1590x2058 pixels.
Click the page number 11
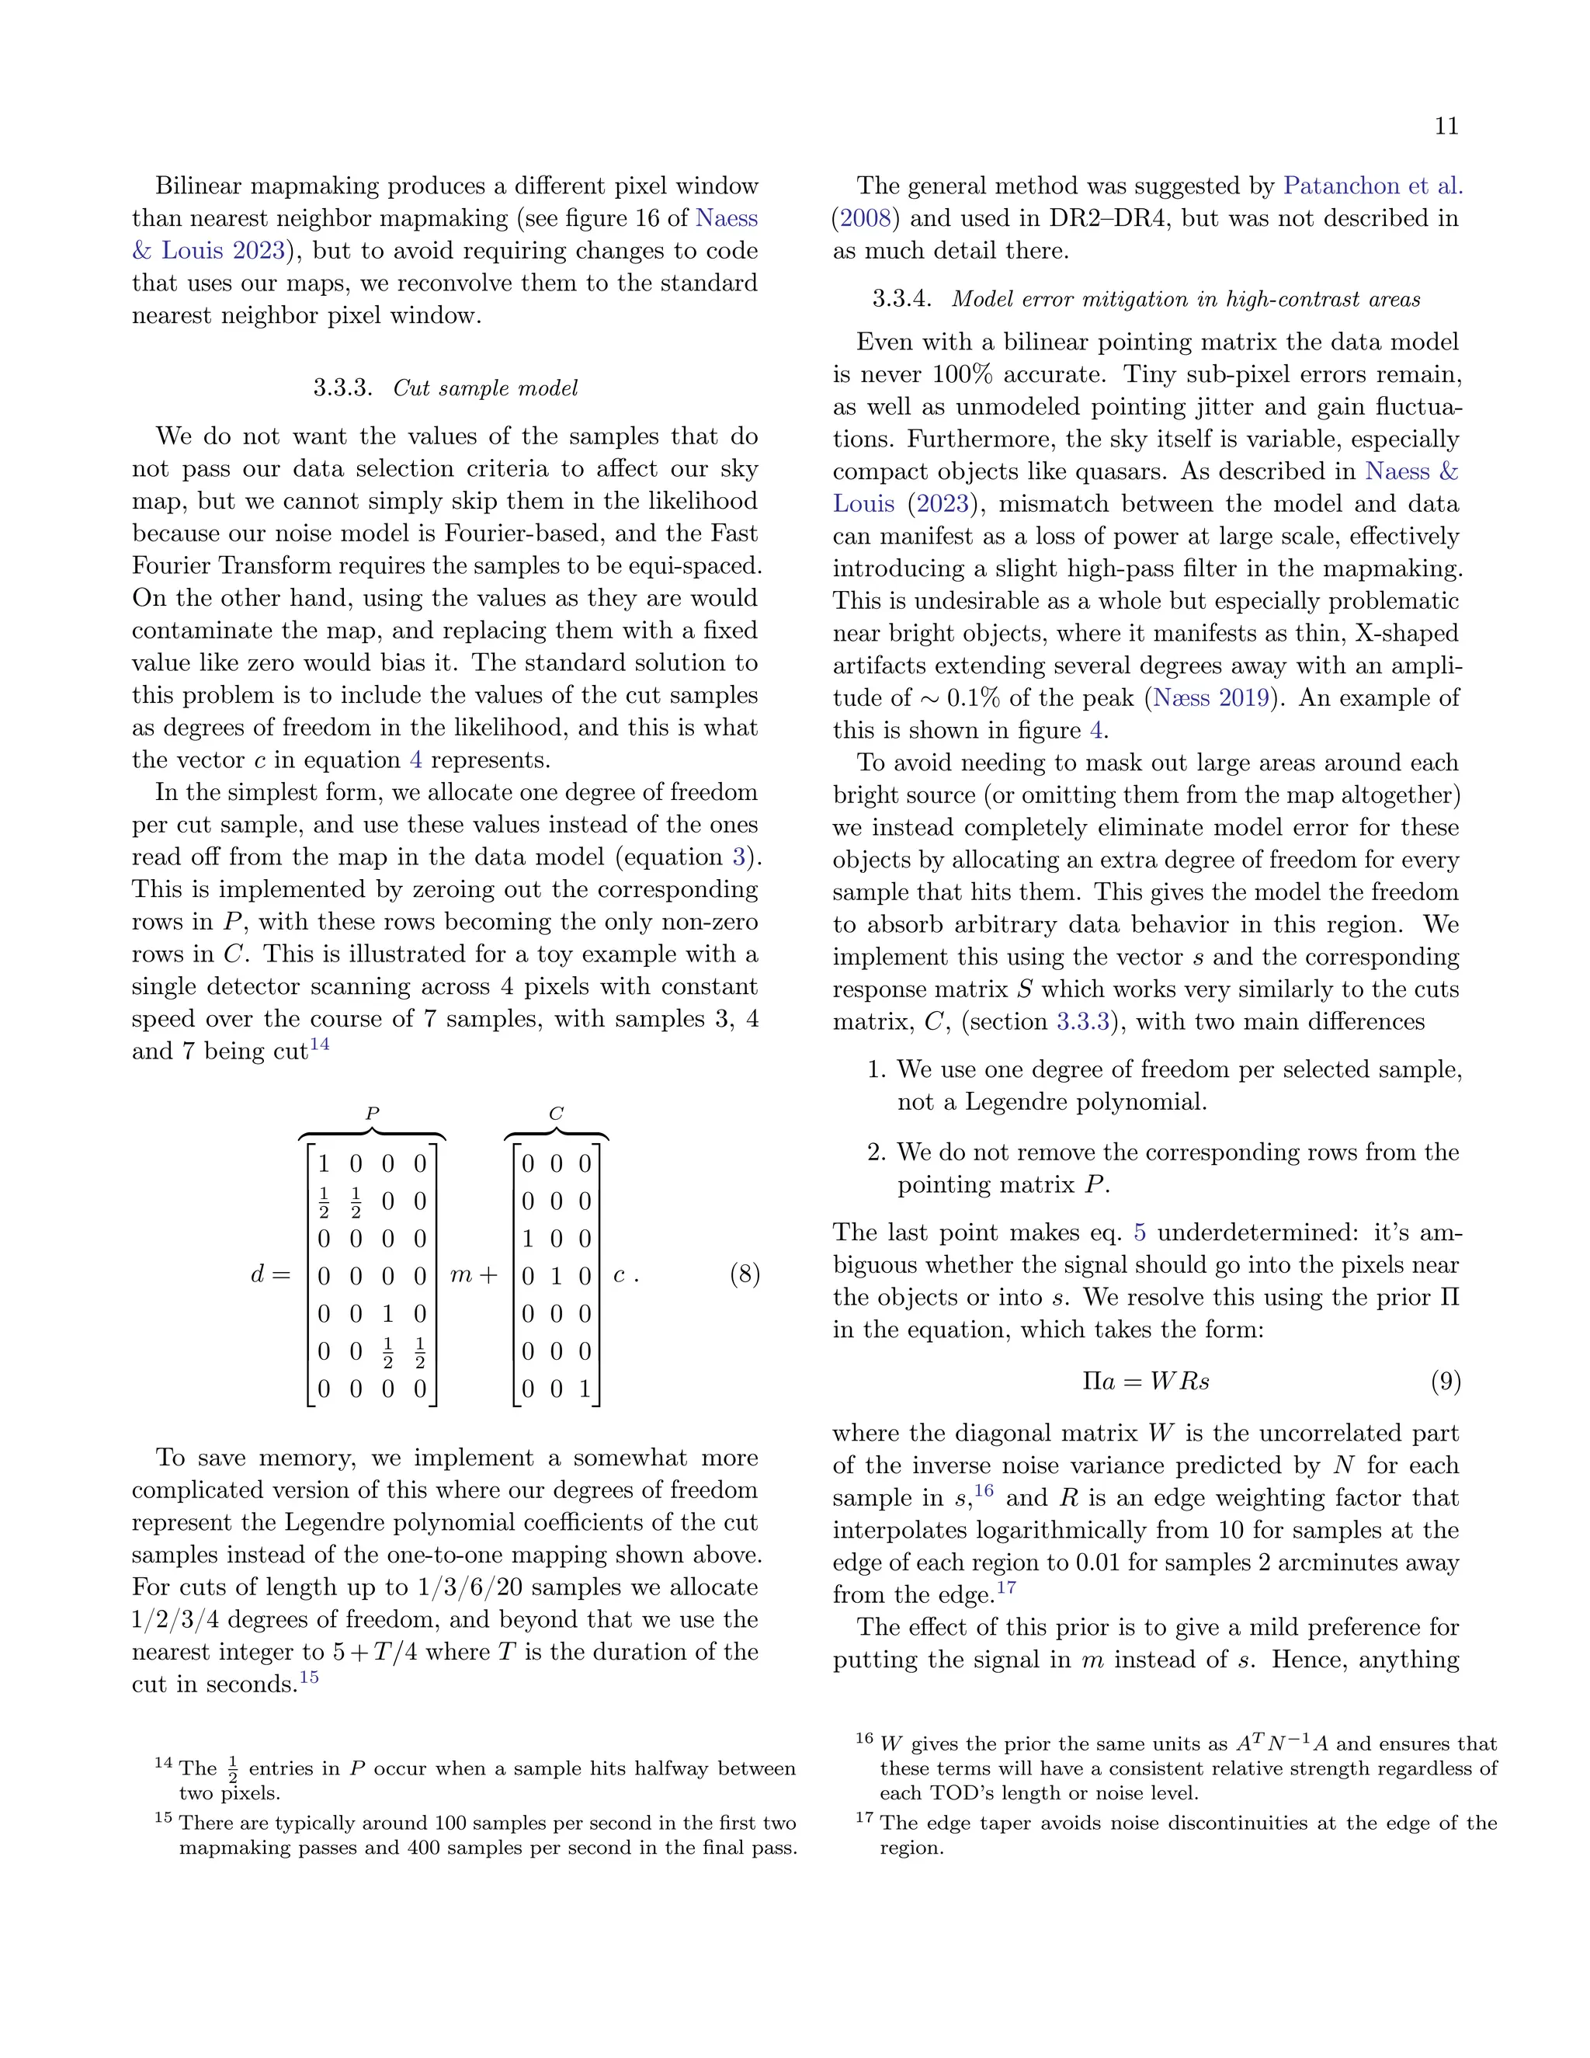click(x=1446, y=127)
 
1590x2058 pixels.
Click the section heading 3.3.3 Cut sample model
click(x=446, y=388)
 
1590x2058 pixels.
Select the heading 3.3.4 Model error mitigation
click(x=1145, y=300)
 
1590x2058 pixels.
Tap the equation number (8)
click(x=744, y=1275)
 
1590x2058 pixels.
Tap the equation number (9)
click(x=1445, y=1382)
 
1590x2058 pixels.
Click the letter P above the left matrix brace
click(x=372, y=1114)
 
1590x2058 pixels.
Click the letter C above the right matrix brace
click(x=556, y=1114)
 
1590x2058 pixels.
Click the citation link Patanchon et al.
click(x=1373, y=186)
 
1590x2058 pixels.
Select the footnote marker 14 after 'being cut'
click(x=321, y=1044)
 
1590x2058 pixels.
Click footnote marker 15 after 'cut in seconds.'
click(x=309, y=1677)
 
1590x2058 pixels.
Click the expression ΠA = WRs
click(x=1145, y=1382)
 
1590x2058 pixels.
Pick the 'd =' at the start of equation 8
click(x=269, y=1275)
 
